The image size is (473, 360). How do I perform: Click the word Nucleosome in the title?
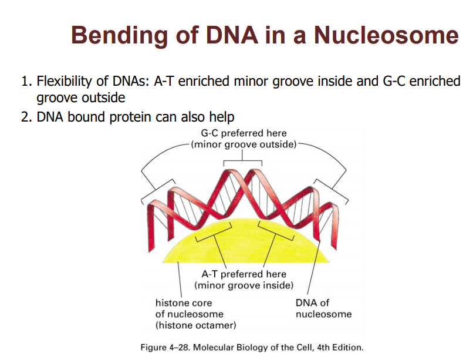point(386,35)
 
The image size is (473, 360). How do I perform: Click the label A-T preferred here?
point(244,274)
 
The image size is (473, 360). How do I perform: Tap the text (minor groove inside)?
point(244,285)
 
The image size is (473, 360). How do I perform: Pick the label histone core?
point(183,303)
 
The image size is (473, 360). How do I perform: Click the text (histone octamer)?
point(195,325)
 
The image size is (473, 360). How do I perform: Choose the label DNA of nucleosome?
point(323,308)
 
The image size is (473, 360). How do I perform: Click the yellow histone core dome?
point(246,244)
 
